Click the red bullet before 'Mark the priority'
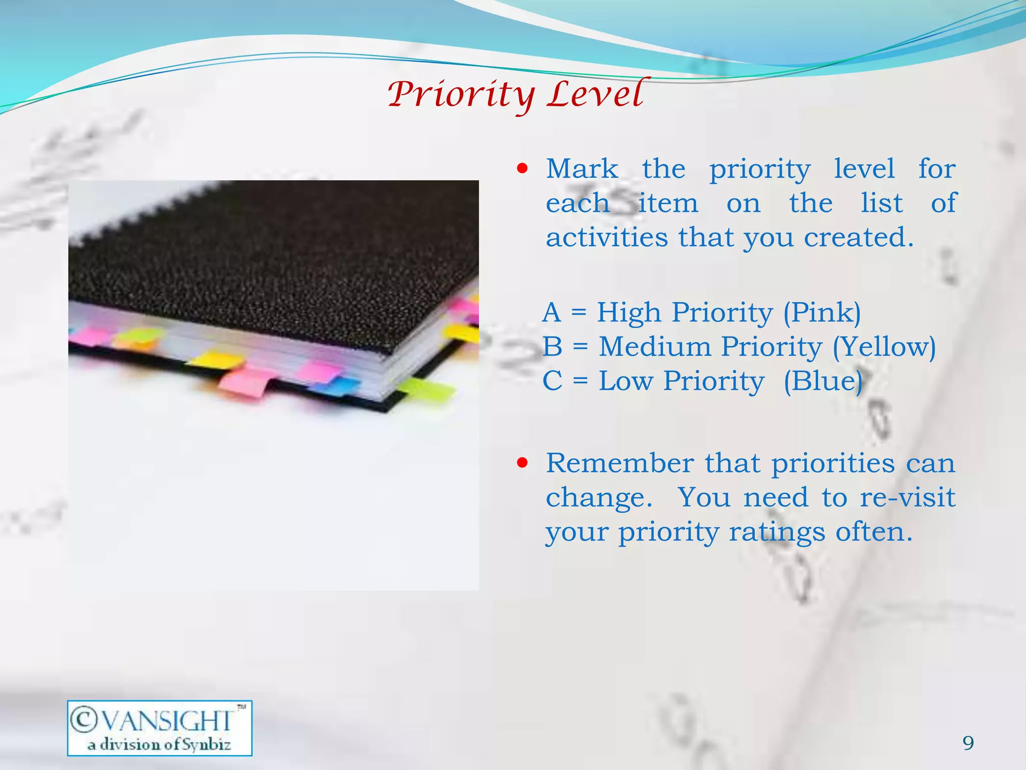[x=523, y=168]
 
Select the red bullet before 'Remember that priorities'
[x=523, y=463]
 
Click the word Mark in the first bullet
[x=582, y=169]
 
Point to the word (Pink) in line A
[x=822, y=313]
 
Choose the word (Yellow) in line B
[x=884, y=347]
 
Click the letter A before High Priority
[x=552, y=313]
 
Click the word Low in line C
[x=626, y=381]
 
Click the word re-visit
[x=907, y=497]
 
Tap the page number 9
[x=968, y=742]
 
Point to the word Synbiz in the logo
[x=206, y=745]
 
